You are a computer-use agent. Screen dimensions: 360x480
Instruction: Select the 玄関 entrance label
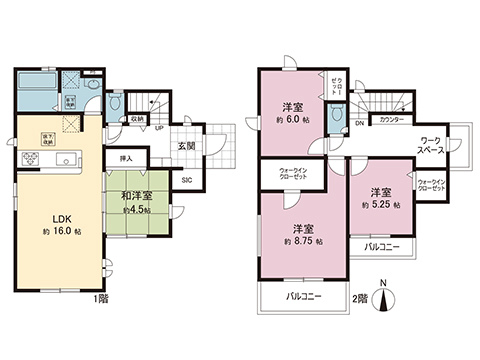187,144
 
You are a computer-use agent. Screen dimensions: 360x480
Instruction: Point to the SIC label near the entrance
187,181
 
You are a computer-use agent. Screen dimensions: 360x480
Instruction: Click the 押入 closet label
125,158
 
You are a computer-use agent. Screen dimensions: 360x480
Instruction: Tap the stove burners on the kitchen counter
22,160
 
